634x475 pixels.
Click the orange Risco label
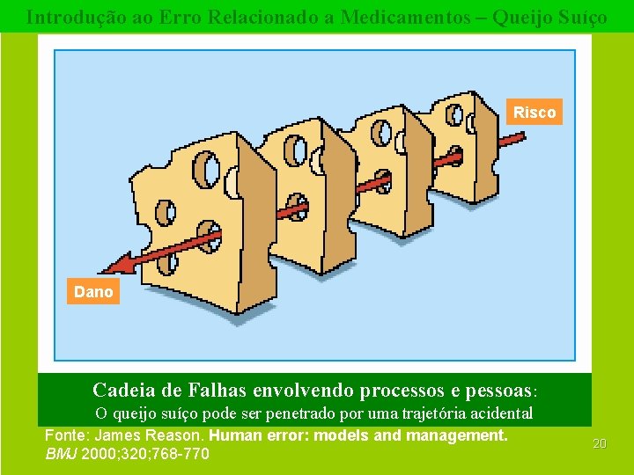coord(534,113)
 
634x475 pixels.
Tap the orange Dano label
coord(93,292)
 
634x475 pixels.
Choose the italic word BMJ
coord(61,455)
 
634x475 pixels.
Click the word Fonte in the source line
coord(65,435)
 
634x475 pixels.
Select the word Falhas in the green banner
coord(215,389)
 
